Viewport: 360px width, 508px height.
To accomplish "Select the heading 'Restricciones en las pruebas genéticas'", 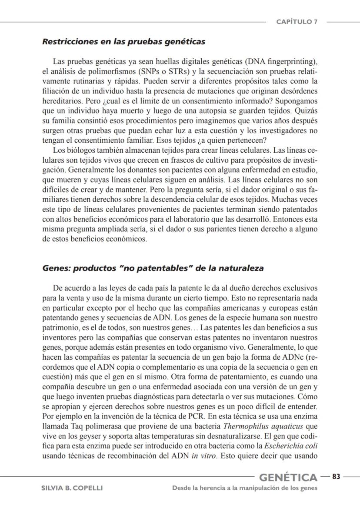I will tap(123, 42).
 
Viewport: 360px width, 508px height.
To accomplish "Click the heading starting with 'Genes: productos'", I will tap(153, 268).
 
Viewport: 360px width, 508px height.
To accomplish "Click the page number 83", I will tap(336, 477).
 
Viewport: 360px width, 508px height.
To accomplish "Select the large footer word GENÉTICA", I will tap(288, 478).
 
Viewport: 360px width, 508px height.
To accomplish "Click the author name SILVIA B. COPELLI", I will tap(72, 488).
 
